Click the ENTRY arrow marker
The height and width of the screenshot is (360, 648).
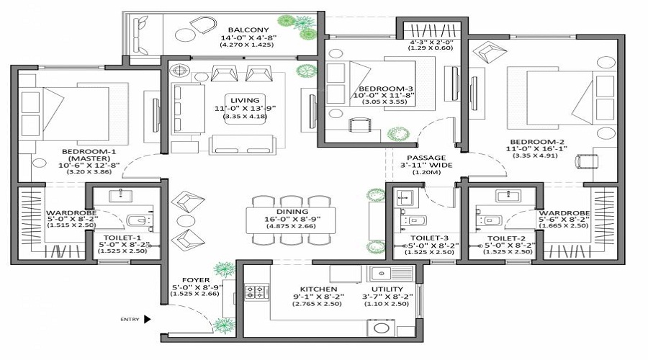click(x=147, y=319)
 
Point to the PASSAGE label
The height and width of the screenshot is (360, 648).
click(x=427, y=157)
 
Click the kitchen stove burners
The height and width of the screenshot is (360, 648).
click(x=257, y=292)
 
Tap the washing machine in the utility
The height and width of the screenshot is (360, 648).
click(x=380, y=326)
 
